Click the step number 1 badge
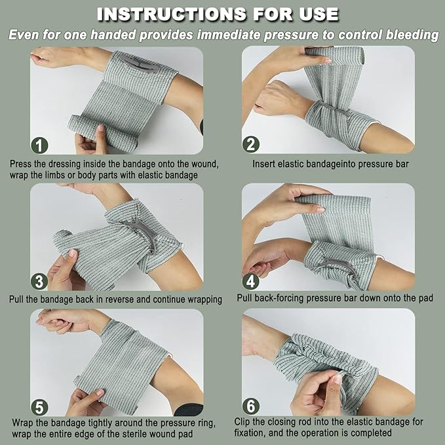pos(39,145)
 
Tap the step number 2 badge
pos(250,144)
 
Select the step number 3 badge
pos(39,281)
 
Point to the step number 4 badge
pos(250,281)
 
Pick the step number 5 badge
pos(39,407)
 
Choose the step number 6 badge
pos(251,406)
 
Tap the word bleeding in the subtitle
pos(412,35)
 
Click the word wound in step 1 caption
pos(204,164)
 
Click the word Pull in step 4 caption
pos(245,298)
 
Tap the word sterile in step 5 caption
pos(136,434)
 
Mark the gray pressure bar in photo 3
pos(144,233)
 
